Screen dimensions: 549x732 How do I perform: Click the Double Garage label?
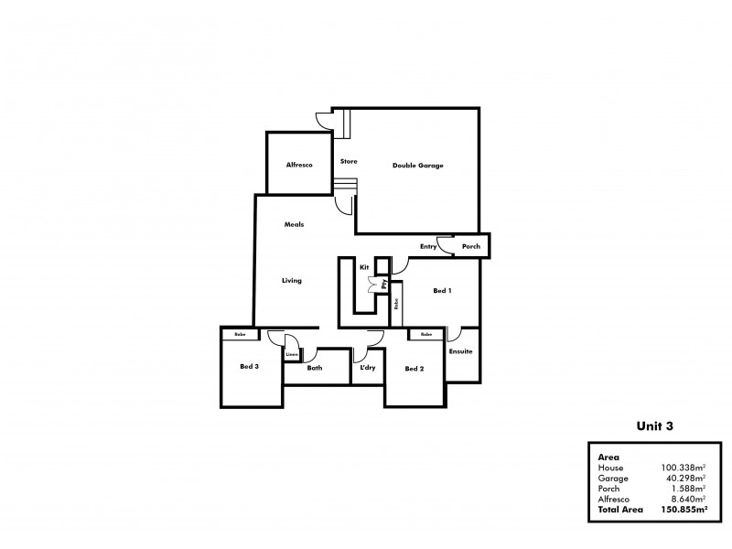[417, 166]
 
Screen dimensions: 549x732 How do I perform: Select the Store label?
[349, 162]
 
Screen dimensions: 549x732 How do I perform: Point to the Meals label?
[294, 224]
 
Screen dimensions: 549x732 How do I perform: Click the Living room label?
[292, 281]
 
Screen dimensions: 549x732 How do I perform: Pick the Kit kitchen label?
[363, 267]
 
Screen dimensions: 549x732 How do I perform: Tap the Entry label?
[428, 246]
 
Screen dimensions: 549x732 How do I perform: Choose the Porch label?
[470, 246]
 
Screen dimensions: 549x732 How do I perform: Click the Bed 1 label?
[442, 291]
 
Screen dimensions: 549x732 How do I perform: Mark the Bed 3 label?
[249, 368]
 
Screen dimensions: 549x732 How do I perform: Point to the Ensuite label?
[460, 351]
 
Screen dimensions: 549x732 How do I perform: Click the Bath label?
[314, 368]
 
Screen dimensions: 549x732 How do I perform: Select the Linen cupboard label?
[291, 354]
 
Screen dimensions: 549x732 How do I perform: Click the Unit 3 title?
[655, 425]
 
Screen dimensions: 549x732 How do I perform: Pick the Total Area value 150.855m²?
[679, 509]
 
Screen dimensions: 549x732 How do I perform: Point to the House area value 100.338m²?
[683, 467]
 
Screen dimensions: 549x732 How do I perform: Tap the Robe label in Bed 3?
[240, 335]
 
